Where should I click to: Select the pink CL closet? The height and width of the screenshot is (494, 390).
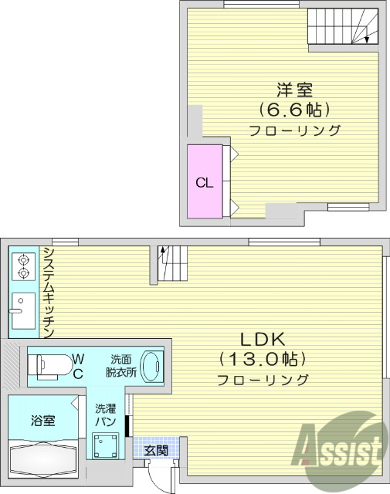click(x=205, y=182)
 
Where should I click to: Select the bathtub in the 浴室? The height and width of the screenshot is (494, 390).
click(x=42, y=462)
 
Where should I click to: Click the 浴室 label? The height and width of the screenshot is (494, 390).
click(x=42, y=421)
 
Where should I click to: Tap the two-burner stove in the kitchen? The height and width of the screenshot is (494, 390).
click(x=23, y=267)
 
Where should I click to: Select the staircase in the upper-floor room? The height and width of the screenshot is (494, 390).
click(x=344, y=28)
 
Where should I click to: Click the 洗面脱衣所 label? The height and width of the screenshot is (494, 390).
click(x=120, y=364)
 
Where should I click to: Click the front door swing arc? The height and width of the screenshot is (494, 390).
click(x=161, y=475)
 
